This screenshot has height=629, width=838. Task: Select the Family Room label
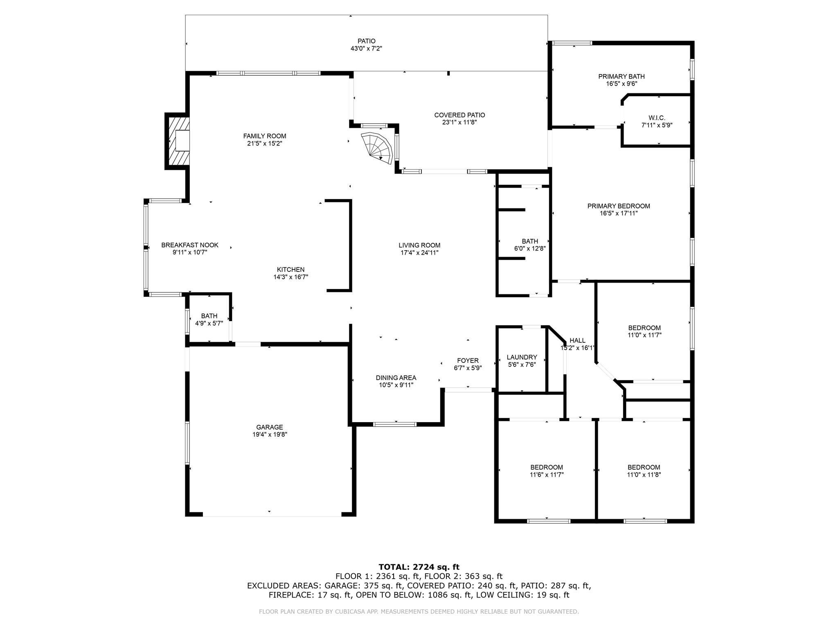click(x=265, y=136)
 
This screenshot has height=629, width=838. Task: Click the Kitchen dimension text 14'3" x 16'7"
click(x=291, y=277)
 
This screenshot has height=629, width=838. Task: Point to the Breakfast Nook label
click(x=190, y=245)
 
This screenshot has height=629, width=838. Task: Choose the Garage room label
click(x=270, y=427)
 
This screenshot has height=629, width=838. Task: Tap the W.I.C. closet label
click(x=657, y=118)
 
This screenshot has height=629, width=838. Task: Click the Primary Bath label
click(x=622, y=76)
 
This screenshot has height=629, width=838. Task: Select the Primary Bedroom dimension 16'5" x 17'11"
click(x=619, y=213)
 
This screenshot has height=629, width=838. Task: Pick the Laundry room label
click(x=522, y=357)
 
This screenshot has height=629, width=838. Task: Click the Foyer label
click(x=468, y=360)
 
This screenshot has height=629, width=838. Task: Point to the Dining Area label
click(x=396, y=378)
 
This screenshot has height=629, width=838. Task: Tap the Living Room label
click(x=419, y=245)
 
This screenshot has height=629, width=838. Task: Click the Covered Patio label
click(x=460, y=115)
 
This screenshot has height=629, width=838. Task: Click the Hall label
click(x=577, y=340)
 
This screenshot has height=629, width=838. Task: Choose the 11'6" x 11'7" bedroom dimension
click(x=547, y=475)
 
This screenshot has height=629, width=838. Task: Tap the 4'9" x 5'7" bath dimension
click(x=209, y=323)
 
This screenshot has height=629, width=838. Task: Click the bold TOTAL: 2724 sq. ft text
click(x=419, y=567)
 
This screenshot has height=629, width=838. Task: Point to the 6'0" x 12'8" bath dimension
click(x=530, y=248)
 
